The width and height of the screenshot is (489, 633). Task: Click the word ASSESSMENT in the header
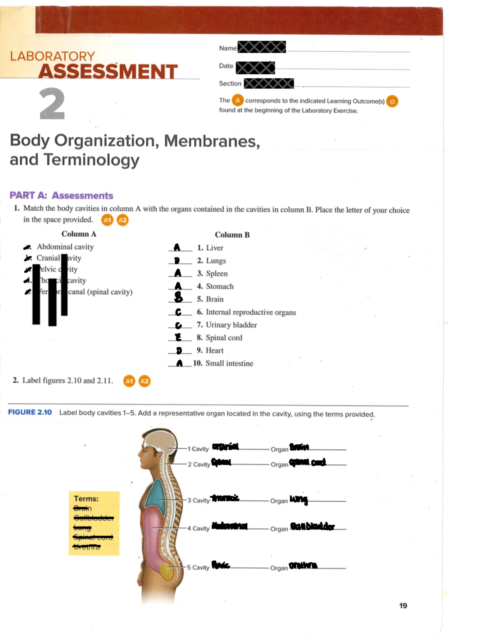pyautogui.click(x=108, y=72)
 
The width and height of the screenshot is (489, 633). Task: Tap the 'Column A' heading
pyautogui.click(x=79, y=234)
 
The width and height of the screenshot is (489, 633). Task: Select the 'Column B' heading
pyautogui.click(x=232, y=235)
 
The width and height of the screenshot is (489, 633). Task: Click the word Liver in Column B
pyautogui.click(x=214, y=248)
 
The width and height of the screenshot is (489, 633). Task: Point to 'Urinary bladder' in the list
pyautogui.click(x=231, y=325)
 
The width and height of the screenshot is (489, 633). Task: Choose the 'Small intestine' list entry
pyautogui.click(x=229, y=363)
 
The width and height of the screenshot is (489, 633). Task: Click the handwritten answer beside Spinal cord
pyautogui.click(x=178, y=337)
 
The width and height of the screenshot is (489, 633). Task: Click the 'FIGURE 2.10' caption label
pyautogui.click(x=30, y=412)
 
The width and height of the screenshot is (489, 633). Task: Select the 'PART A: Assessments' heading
pyautogui.click(x=61, y=196)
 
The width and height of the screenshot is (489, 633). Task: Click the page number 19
pyautogui.click(x=403, y=606)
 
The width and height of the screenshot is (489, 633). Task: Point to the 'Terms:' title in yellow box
pyautogui.click(x=86, y=499)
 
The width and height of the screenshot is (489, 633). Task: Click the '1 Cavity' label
pyautogui.click(x=198, y=449)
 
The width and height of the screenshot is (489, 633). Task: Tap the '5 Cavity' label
pyautogui.click(x=198, y=567)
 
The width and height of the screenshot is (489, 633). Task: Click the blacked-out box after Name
pyautogui.click(x=262, y=47)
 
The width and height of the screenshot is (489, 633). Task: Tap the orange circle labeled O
pyautogui.click(x=392, y=101)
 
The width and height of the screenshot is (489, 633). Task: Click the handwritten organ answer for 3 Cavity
pyautogui.click(x=299, y=499)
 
